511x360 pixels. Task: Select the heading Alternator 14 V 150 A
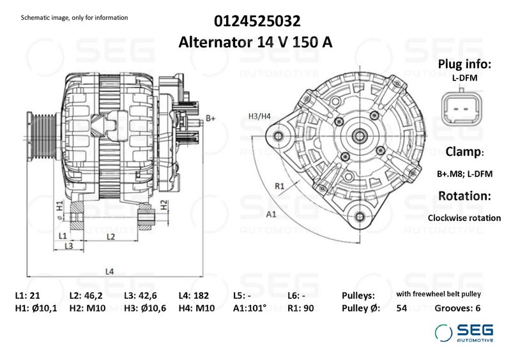tap(256, 43)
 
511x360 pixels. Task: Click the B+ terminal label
tap(210, 118)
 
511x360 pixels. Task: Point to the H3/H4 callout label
tap(259, 116)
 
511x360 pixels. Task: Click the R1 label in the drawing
tap(279, 186)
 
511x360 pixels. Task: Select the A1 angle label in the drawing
tap(271, 214)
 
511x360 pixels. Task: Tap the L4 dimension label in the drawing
tap(109, 271)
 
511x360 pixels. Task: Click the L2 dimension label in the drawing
tap(110, 237)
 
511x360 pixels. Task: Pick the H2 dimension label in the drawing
tap(164, 205)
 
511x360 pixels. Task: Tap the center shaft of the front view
tap(358, 135)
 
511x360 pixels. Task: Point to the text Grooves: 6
tap(457, 308)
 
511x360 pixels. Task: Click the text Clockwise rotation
tap(464, 218)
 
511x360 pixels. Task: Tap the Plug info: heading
tap(464, 64)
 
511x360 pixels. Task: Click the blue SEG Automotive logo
tap(464, 332)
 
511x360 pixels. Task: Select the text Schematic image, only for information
tap(74, 17)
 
